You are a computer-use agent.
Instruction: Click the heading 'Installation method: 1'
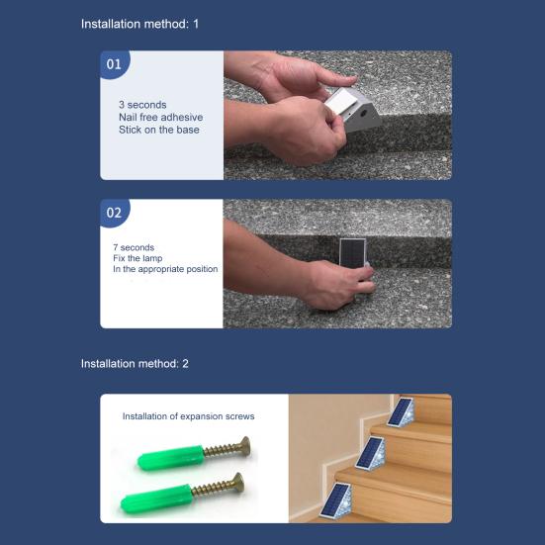tap(139, 24)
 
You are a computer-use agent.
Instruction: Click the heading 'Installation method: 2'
tap(135, 364)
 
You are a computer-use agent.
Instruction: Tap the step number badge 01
tap(115, 64)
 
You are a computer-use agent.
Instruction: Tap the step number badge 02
tap(115, 213)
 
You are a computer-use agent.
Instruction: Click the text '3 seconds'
tap(142, 105)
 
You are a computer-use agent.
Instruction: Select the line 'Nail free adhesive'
tap(161, 117)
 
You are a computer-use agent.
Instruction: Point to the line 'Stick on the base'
tap(159, 130)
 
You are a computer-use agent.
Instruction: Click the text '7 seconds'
tap(134, 247)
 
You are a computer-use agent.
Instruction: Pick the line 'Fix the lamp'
tap(137, 258)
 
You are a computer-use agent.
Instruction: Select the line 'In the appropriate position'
tap(165, 269)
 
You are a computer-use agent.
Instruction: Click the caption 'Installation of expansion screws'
tap(188, 416)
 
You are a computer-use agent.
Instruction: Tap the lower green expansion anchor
tap(156, 499)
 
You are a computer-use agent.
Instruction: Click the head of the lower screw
tap(238, 482)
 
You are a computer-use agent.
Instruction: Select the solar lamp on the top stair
tap(402, 412)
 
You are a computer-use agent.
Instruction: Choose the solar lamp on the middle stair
tap(370, 453)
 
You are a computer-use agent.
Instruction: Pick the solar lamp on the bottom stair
tap(337, 500)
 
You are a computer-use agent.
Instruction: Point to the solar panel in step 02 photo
tap(352, 251)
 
